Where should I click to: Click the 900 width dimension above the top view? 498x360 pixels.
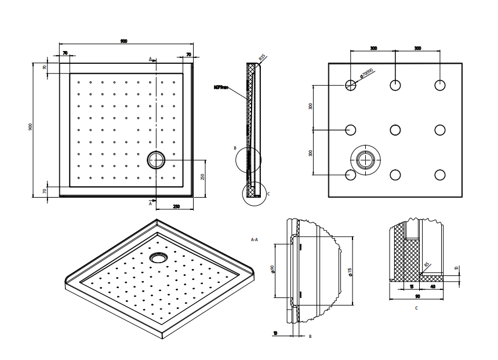124,41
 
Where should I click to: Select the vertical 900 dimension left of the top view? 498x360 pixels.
30,127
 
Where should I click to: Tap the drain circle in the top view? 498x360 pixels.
156,159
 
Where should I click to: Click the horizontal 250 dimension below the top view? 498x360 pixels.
175,206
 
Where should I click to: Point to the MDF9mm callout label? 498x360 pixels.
221,88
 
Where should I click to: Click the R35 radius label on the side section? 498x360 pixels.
262,58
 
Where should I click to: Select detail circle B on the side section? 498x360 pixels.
248,159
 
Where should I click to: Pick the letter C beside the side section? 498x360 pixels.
268,194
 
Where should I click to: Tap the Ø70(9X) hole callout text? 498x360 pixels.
366,74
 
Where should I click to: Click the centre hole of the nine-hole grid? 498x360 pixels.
395,130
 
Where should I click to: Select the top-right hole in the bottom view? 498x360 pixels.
440,85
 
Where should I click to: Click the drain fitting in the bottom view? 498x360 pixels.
365,159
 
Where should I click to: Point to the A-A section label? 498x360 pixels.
255,239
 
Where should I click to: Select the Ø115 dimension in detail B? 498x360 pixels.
350,271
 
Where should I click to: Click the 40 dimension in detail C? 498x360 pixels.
433,286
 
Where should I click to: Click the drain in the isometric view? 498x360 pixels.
157,256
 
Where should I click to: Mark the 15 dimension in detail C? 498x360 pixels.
411,286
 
